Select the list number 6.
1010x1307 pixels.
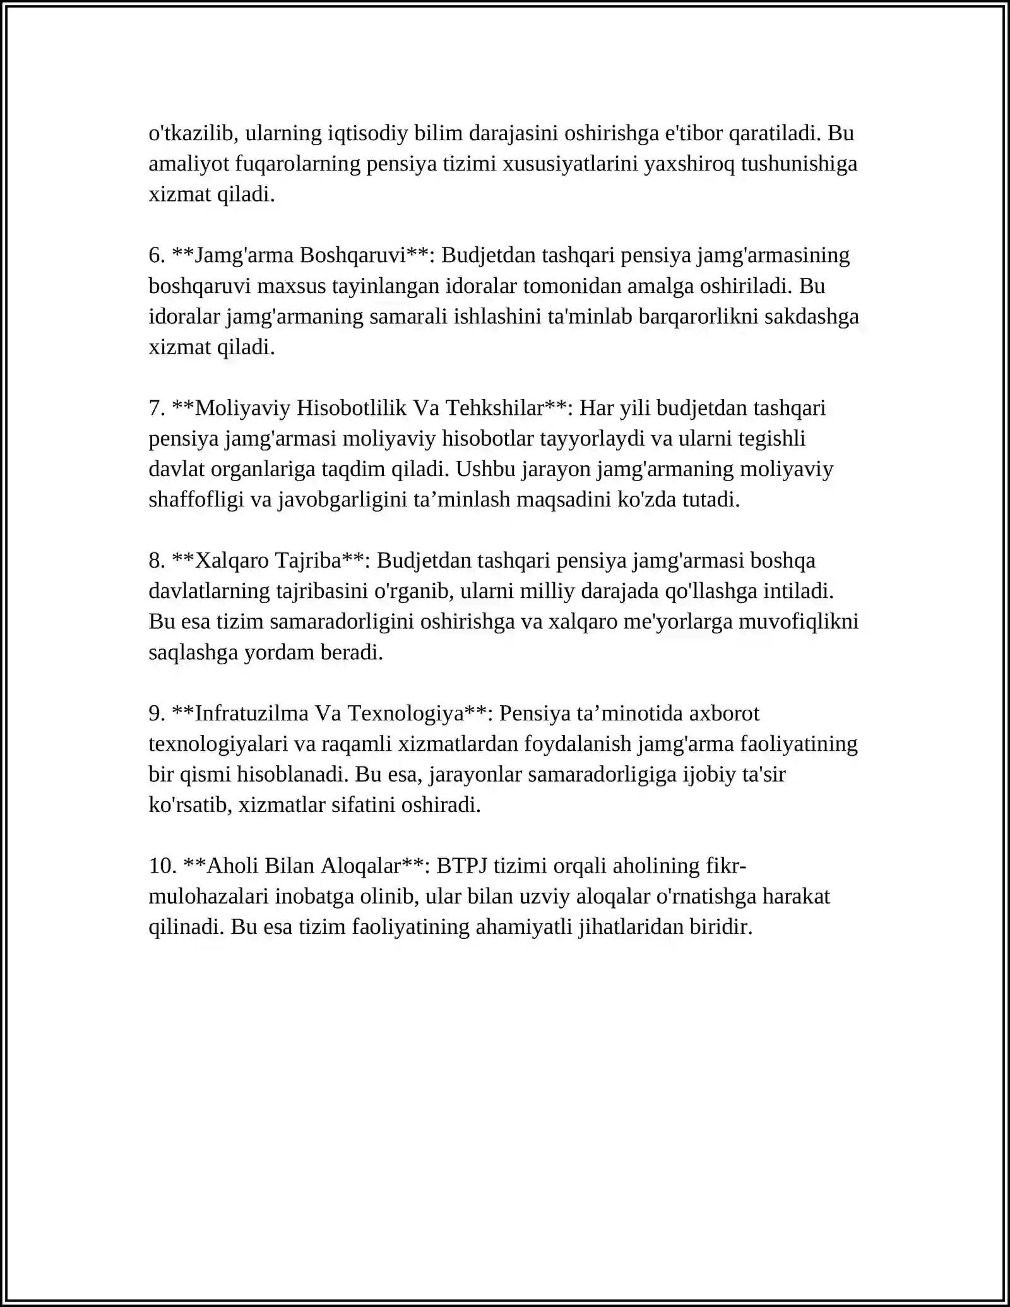[157, 255]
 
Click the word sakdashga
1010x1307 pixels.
[812, 316]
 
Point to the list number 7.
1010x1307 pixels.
[157, 408]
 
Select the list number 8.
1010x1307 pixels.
[157, 560]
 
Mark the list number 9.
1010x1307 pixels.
[157, 713]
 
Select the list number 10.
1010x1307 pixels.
[162, 865]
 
